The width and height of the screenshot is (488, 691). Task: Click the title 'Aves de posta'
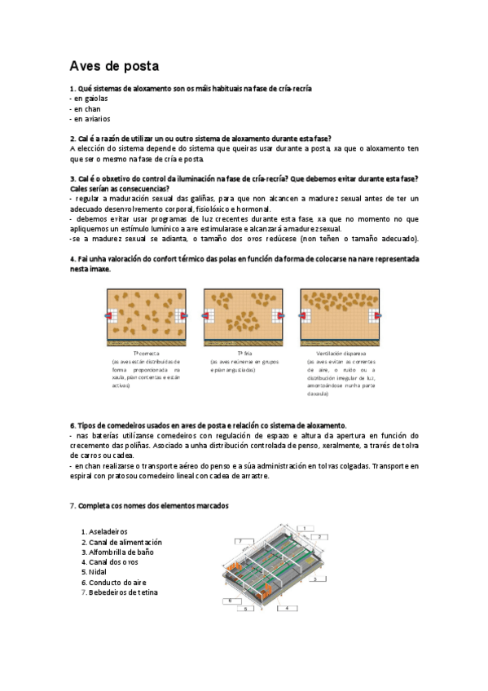(x=114, y=65)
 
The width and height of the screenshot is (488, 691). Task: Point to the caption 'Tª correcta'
(x=147, y=354)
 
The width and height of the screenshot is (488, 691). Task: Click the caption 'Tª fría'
(x=244, y=354)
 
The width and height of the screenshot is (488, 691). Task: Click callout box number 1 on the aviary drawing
(x=303, y=528)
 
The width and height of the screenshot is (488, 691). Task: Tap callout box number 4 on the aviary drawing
(x=286, y=607)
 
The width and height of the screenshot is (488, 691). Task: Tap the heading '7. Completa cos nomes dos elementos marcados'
(x=149, y=506)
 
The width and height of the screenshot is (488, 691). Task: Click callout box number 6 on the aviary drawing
(x=231, y=601)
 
